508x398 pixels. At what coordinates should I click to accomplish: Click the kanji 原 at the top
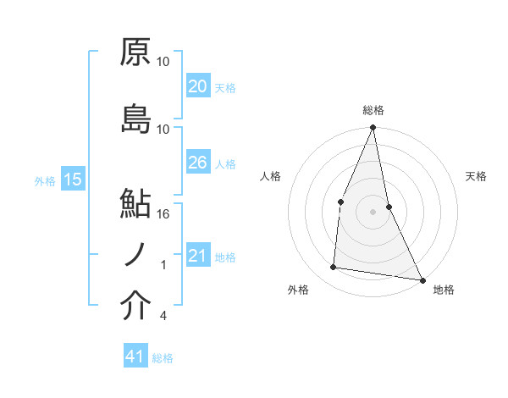pos(135,53)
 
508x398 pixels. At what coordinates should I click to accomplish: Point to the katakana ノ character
pos(135,255)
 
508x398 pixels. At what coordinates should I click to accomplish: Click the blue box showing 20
pos(198,86)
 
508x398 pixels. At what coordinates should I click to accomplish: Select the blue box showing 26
pos(198,163)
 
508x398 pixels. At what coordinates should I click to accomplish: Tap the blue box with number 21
pos(198,256)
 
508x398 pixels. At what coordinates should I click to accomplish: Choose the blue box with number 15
pos(73,180)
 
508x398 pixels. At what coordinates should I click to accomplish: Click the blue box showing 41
pos(135,357)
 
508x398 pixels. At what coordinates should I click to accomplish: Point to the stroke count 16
pos(163,213)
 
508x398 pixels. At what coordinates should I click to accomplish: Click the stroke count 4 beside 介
pos(163,316)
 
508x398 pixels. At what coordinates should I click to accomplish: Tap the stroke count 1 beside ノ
pos(163,265)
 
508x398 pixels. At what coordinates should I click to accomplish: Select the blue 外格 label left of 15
pos(45,180)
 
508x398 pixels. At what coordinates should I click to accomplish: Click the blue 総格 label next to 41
pos(163,357)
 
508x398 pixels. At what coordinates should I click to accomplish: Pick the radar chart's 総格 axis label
pos(373,111)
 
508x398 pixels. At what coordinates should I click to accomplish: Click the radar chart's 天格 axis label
pos(476,176)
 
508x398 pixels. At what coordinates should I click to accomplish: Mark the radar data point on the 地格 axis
pos(422,279)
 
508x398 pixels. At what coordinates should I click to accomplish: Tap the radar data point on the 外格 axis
pos(334,268)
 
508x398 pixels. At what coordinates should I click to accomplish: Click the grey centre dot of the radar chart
pos(373,211)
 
